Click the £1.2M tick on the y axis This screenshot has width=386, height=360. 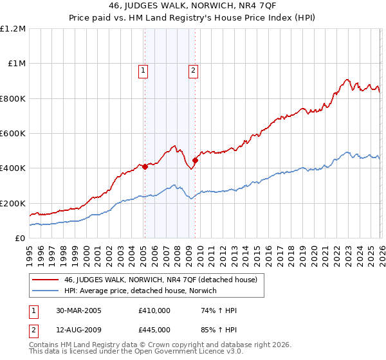coord(13,29)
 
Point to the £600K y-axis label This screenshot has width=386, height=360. coord(13,134)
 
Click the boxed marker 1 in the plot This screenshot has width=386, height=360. coord(143,71)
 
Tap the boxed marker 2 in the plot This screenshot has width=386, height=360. coord(193,71)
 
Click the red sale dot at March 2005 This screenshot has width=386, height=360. coord(145,167)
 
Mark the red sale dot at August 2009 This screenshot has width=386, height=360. coord(194,161)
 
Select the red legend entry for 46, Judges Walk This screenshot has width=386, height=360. coord(160,280)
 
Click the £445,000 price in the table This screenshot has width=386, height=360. coord(154,330)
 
